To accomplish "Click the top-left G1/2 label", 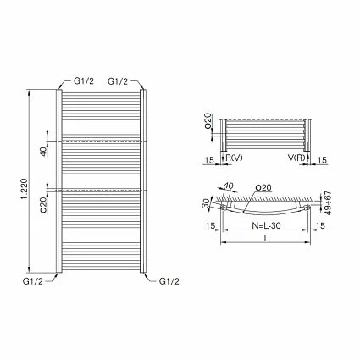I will (83, 80).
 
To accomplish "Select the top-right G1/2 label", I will (119, 80).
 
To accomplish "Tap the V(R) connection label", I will (296, 158).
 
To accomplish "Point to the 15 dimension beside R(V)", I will (208, 158).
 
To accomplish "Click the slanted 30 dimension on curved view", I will (208, 202).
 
